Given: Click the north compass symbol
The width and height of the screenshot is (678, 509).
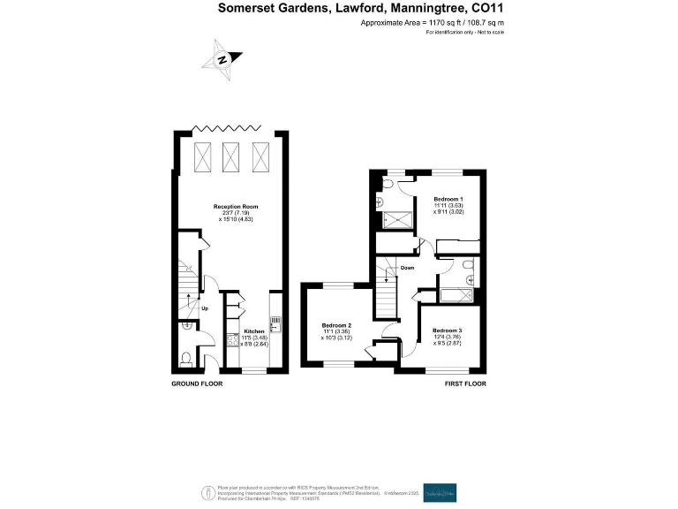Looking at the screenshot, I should click(222, 58).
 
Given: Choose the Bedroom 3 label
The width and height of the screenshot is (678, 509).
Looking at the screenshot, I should click(448, 331).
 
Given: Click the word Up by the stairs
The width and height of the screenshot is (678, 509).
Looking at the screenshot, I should click(204, 308).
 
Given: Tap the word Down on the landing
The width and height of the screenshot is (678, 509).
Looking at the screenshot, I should click(407, 267).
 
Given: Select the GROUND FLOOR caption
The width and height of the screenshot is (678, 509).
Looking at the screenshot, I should click(197, 384).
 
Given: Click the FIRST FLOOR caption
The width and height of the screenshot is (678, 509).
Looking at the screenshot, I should click(465, 384).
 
